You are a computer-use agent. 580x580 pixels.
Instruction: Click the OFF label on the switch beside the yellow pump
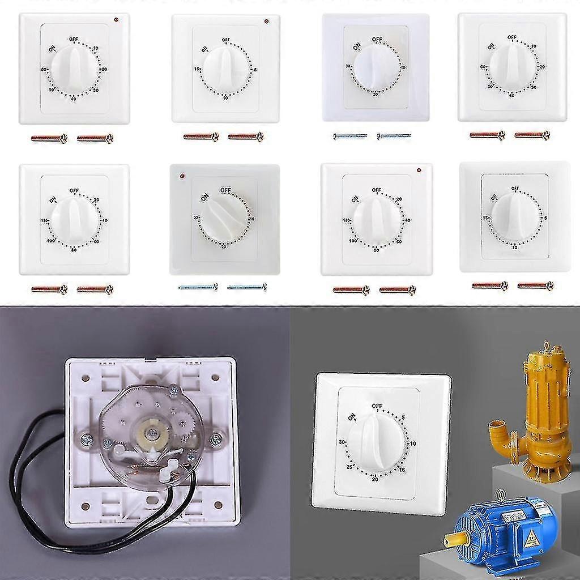pyautogui.click(x=377, y=406)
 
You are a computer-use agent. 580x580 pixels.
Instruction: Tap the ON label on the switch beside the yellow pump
pyautogui.click(x=352, y=416)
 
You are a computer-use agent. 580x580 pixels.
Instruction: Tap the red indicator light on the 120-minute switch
pyautogui.click(x=418, y=169)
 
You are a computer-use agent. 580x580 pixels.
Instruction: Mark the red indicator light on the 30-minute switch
pyautogui.click(x=181, y=176)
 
